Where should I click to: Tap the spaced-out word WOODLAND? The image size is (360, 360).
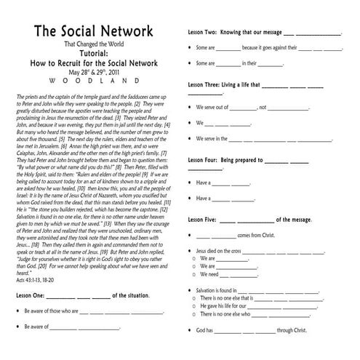(94, 81)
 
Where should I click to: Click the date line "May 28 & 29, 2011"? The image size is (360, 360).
(95, 73)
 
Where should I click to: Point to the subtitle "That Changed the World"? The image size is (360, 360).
(95, 45)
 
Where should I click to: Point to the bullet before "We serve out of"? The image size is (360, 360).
(191, 106)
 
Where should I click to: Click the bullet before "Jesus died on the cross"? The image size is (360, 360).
(191, 249)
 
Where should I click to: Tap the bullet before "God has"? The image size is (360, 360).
(191, 329)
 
